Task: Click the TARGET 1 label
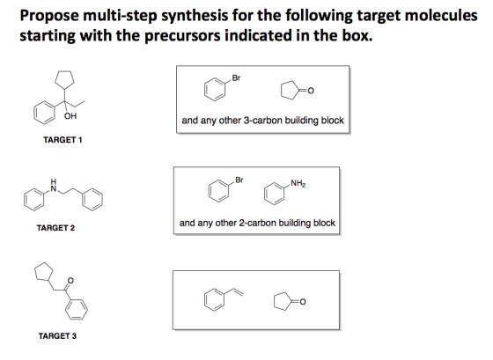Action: click(63, 140)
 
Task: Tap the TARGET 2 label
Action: click(55, 228)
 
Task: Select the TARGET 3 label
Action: click(57, 335)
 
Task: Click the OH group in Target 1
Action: click(70, 116)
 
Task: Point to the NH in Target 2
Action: click(54, 186)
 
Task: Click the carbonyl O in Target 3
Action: click(70, 280)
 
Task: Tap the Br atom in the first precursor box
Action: click(236, 77)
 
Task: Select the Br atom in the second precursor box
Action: click(239, 180)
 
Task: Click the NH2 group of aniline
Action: click(298, 183)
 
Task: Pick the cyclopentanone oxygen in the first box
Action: click(310, 91)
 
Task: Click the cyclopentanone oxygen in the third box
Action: click(302, 302)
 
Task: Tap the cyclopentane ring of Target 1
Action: click(64, 79)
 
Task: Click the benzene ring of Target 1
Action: click(44, 113)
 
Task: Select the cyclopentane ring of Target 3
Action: click(43, 272)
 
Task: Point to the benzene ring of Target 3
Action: click(77, 309)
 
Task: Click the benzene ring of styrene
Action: click(215, 299)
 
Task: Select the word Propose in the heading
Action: click(49, 16)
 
